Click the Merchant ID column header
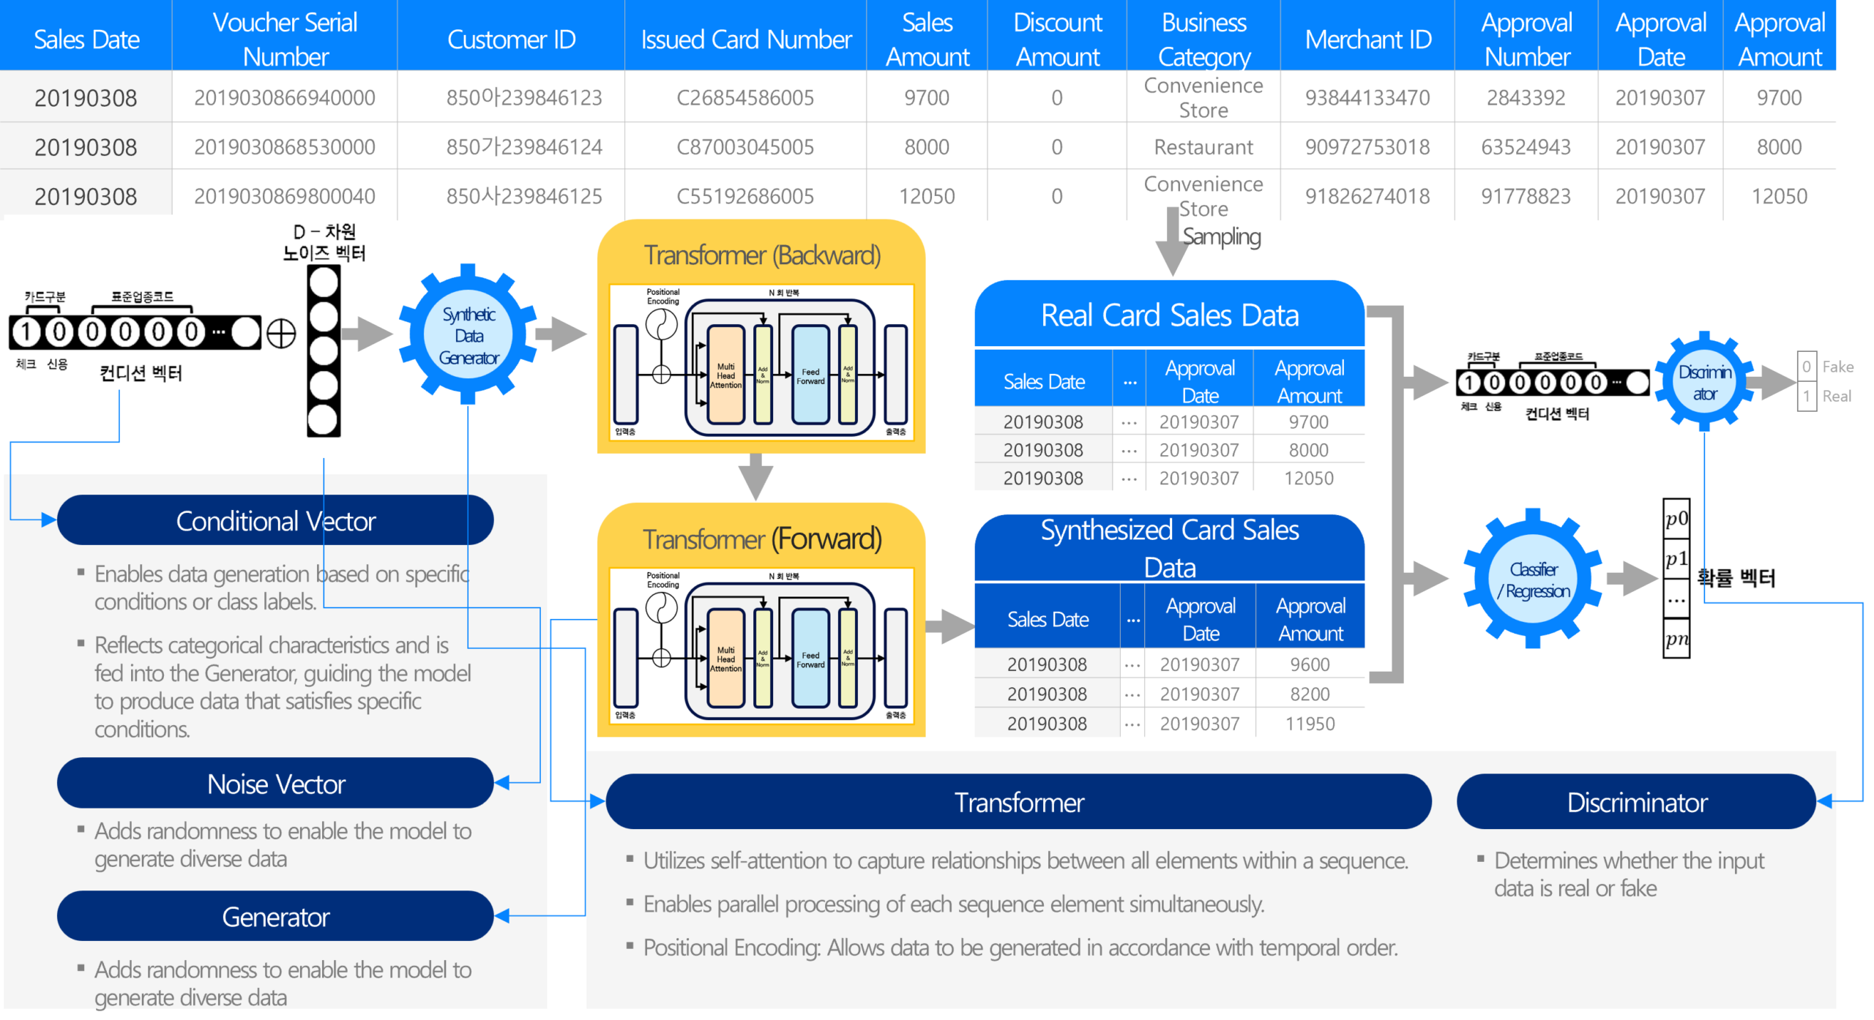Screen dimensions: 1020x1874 (1367, 40)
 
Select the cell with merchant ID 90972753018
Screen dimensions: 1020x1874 (1367, 147)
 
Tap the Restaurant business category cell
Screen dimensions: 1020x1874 (1203, 147)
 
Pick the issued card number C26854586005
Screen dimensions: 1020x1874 (745, 98)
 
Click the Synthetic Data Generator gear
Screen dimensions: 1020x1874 (468, 336)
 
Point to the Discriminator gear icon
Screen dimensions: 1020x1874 (1705, 383)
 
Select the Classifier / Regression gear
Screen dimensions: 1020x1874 (1533, 580)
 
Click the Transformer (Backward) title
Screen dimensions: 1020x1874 (762, 255)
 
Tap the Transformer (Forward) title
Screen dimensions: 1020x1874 (762, 539)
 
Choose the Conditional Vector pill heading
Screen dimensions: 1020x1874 (275, 521)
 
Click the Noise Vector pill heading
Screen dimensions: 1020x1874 (275, 784)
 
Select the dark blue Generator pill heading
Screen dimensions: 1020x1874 (275, 917)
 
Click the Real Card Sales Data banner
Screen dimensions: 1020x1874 (1170, 315)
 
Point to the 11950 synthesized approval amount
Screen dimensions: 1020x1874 (1310, 724)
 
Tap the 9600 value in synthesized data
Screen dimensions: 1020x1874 (1310, 664)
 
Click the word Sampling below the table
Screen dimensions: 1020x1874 (1222, 236)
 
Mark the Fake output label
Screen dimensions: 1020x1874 (1837, 367)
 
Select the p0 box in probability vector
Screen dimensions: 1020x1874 (1676, 519)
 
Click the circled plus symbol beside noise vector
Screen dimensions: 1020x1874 (281, 334)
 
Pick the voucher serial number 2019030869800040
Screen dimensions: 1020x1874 (285, 196)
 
